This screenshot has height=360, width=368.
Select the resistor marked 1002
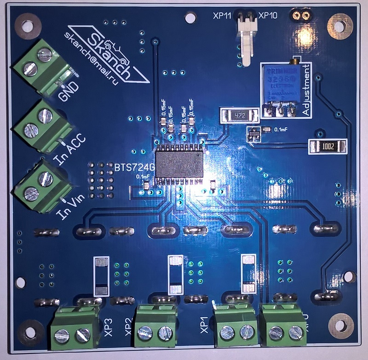(327, 147)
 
